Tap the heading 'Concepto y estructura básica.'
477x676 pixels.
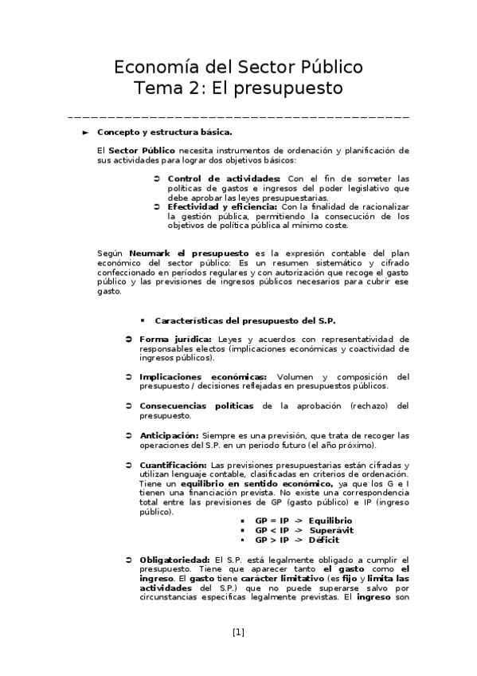pos(164,132)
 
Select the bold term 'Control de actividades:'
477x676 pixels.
pos(224,178)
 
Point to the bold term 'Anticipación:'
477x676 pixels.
pos(169,435)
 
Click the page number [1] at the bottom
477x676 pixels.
pos(238,633)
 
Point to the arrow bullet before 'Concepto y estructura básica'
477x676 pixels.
pos(86,132)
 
